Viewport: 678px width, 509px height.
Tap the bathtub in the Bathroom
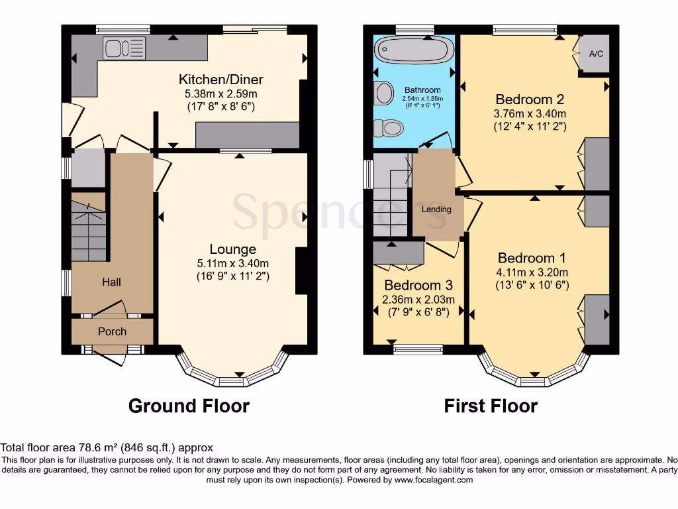(414, 50)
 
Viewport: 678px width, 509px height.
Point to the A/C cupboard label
(596, 54)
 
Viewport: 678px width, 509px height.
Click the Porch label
(112, 331)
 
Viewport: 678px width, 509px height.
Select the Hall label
(111, 282)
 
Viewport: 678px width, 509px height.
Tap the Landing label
(436, 209)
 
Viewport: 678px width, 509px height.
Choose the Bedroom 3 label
(418, 286)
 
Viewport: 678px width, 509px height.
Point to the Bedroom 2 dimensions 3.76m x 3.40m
(530, 113)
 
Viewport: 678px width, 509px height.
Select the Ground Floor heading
(189, 406)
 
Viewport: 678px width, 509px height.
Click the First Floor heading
(491, 406)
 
